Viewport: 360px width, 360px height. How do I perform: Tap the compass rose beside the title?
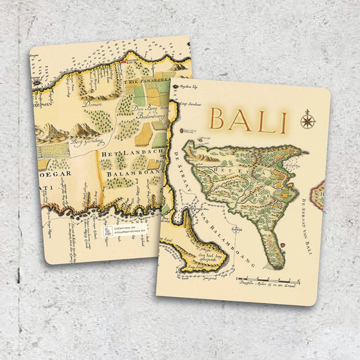coord(308,120)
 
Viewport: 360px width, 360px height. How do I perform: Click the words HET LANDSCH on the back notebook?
coord(131,155)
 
